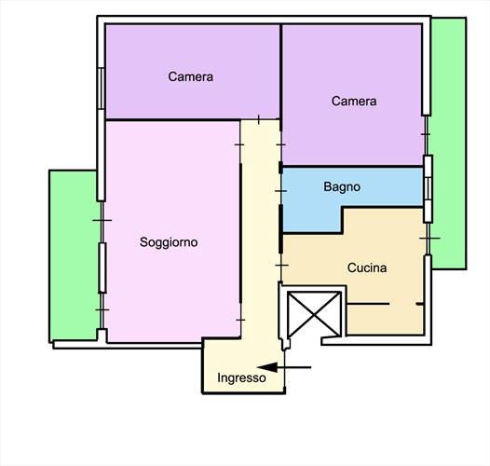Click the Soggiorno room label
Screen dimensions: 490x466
click(x=169, y=242)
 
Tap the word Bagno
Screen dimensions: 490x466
click(x=342, y=187)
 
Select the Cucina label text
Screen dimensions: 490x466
click(x=367, y=267)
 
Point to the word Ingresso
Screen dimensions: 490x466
click(x=241, y=378)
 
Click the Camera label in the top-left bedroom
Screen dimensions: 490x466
click(x=191, y=76)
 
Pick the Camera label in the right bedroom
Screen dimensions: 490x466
click(x=354, y=101)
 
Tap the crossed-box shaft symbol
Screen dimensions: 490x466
click(x=314, y=314)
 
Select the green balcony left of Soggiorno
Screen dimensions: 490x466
click(x=74, y=254)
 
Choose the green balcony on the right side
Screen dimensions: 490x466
click(x=448, y=144)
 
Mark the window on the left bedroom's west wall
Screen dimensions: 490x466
click(x=101, y=89)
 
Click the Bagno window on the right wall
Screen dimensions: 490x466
click(x=429, y=188)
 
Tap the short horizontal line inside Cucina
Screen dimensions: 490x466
click(x=368, y=304)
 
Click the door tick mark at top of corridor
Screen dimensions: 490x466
click(x=259, y=119)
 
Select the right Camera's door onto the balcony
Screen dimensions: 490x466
click(x=426, y=135)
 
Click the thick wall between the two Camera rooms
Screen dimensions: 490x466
click(x=281, y=77)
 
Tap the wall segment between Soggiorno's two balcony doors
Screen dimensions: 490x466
click(x=102, y=267)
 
